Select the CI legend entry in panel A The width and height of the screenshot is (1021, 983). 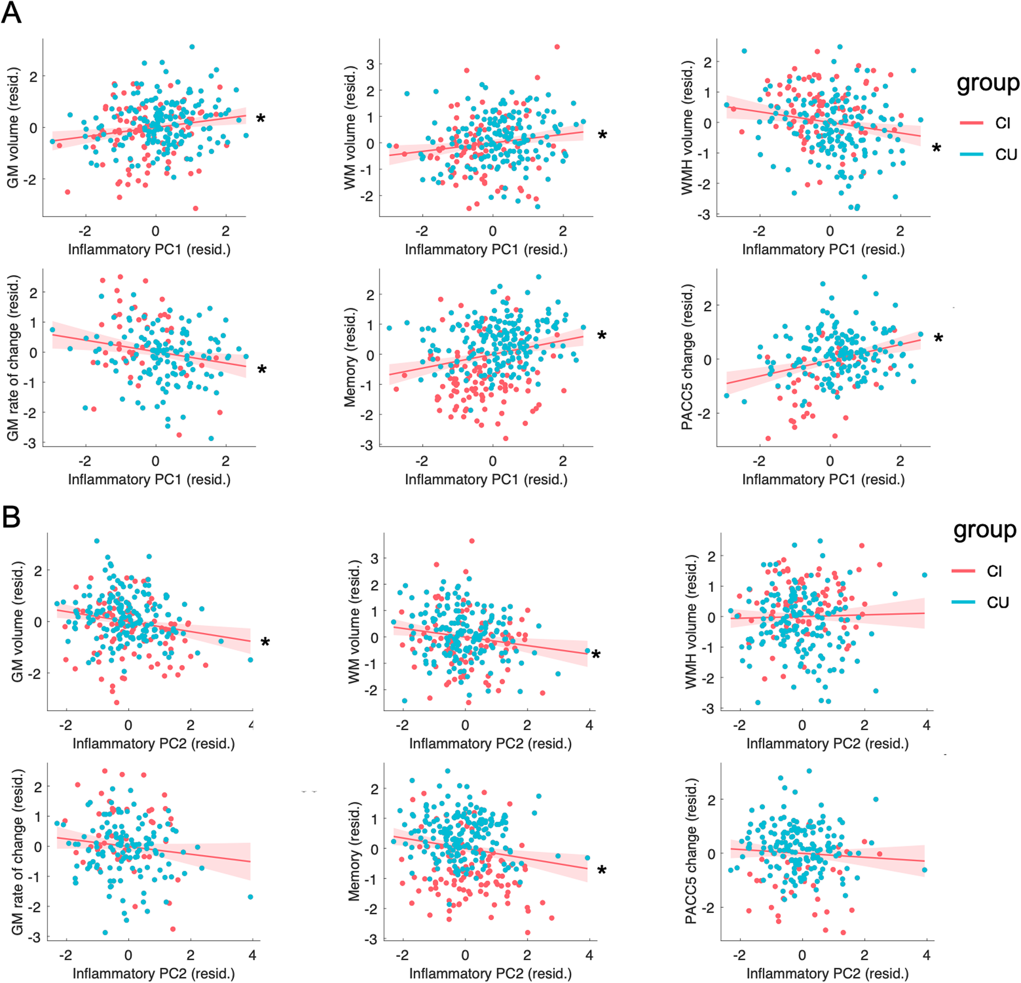[1002, 123]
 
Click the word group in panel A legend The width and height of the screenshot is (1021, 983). [987, 83]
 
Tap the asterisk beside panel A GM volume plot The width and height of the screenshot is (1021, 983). [260, 119]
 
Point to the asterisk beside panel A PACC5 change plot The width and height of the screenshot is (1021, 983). [938, 339]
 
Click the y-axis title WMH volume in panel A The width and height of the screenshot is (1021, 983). [688, 128]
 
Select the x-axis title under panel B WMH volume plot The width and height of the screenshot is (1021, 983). [827, 744]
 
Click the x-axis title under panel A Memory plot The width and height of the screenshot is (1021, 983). [486, 479]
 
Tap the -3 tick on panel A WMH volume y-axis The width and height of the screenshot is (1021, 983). [706, 214]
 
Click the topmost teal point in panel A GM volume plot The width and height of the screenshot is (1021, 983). [192, 47]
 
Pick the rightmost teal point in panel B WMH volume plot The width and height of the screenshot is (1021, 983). [925, 575]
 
